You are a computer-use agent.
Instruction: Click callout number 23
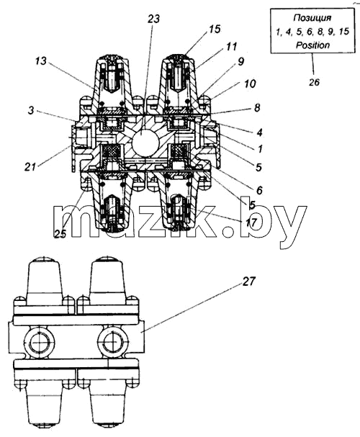153,19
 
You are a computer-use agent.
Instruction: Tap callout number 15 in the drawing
215,29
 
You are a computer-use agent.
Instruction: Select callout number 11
231,46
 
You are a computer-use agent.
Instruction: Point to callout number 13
41,61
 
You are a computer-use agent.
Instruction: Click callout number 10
250,84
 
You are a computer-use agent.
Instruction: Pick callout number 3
31,110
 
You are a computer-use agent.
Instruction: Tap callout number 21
30,167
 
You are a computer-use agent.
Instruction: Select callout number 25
60,233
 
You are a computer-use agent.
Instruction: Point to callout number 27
248,281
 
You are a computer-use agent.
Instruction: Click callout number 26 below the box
314,82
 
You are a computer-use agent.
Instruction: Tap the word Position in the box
312,45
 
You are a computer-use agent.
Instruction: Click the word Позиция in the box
312,18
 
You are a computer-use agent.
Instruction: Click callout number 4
259,132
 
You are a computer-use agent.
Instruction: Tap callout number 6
259,190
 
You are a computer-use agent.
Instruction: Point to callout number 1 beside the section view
260,149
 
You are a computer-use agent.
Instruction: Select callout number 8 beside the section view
257,107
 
